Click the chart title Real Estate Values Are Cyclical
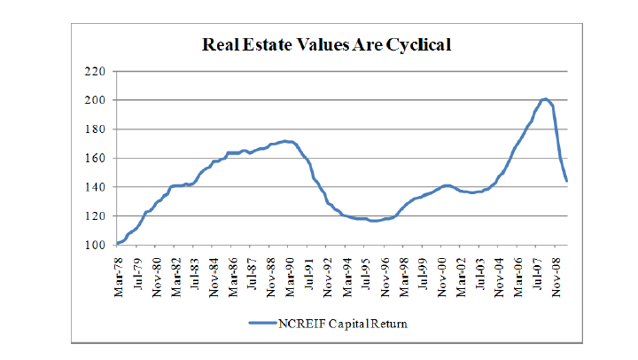tap(327, 44)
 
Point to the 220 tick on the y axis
tap(95, 71)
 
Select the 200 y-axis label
tap(95, 100)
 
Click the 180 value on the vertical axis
tap(95, 129)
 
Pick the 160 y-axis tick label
tap(95, 158)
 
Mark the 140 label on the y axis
tap(95, 187)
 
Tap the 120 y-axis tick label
tap(95, 216)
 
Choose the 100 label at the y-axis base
tap(95, 246)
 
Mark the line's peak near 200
tap(545, 98)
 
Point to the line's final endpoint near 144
tap(566, 181)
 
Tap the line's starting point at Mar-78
tap(118, 243)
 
